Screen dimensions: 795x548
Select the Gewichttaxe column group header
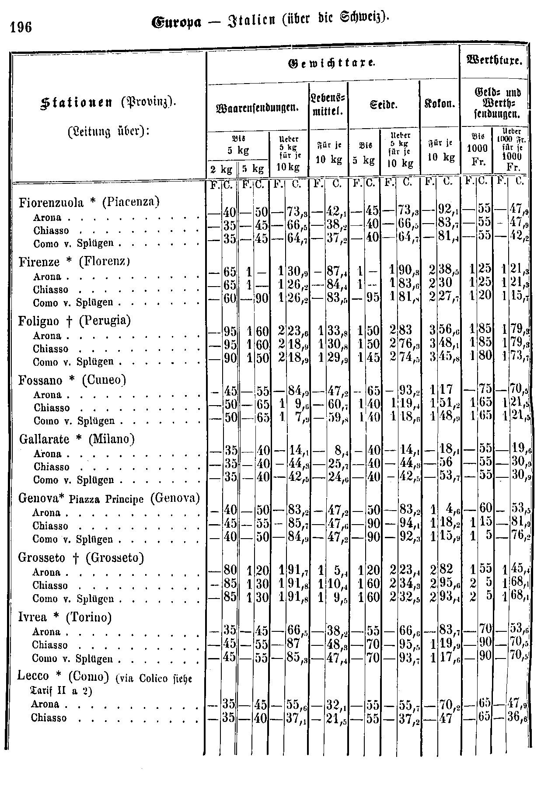coord(332,64)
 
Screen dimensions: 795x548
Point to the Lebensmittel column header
coord(328,105)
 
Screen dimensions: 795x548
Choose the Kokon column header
coord(440,105)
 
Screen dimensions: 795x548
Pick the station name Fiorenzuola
coord(51,202)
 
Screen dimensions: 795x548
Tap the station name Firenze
coord(39,262)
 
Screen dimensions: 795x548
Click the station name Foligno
coord(39,321)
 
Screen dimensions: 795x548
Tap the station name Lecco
coord(33,676)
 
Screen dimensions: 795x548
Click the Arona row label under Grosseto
coord(47,572)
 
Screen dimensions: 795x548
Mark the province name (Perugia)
coord(105,321)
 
